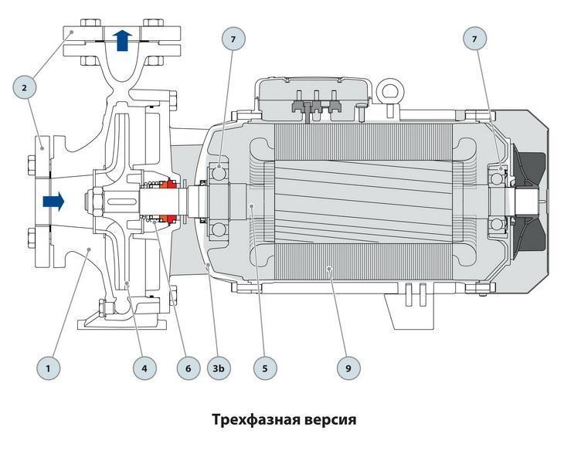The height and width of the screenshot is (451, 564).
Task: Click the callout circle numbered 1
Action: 48,368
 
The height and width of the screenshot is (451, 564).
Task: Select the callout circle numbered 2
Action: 25,88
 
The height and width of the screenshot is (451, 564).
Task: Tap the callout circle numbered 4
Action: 144,368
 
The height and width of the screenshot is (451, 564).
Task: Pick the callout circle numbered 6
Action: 187,368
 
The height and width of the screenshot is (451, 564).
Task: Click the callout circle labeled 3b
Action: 219,368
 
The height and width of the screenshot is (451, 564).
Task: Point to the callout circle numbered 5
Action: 264,368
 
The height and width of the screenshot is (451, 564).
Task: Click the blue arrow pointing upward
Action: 121,39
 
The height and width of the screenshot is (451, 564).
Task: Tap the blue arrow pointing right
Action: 53,202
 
